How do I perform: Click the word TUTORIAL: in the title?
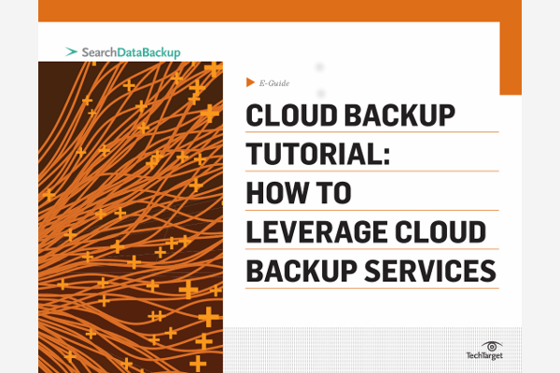pyautogui.click(x=318, y=154)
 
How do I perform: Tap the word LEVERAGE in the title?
pyautogui.click(x=316, y=232)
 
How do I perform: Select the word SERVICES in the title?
pyautogui.click(x=430, y=271)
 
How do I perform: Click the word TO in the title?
pyautogui.click(x=334, y=193)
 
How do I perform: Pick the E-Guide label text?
pyautogui.click(x=274, y=83)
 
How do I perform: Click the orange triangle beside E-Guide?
pyautogui.click(x=250, y=82)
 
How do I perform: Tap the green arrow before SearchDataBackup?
pyautogui.click(x=72, y=52)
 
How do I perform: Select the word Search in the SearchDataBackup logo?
pyautogui.click(x=99, y=52)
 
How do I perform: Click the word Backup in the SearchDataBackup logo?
pyautogui.click(x=162, y=53)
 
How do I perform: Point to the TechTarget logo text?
pyautogui.click(x=484, y=355)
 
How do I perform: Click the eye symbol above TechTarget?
pyautogui.click(x=492, y=346)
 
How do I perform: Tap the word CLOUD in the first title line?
pyautogui.click(x=291, y=116)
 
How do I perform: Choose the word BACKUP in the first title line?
pyautogui.click(x=399, y=116)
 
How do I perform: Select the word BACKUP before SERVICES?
pyautogui.click(x=301, y=271)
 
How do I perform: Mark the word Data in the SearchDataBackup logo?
pyautogui.click(x=131, y=52)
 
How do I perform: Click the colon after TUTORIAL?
pyautogui.click(x=386, y=157)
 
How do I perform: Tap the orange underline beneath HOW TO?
pyautogui.click(x=371, y=210)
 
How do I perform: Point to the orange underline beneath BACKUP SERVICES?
pyautogui.click(x=371, y=288)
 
